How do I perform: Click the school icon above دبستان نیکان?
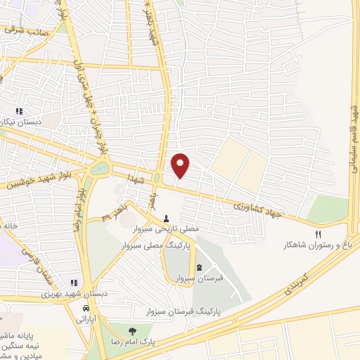tap(20, 111)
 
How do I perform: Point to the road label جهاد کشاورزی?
tap(258, 208)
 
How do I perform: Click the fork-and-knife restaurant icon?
tap(318, 234)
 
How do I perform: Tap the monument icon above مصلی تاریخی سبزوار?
tap(167, 219)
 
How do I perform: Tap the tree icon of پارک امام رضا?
tap(130, 330)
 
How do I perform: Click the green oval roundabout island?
tap(101, 169)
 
